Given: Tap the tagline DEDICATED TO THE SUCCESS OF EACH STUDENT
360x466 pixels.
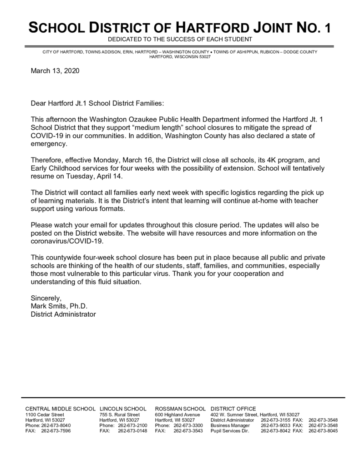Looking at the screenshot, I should pyautogui.click(x=180, y=40).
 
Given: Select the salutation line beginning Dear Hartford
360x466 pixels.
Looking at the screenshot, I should pyautogui.click(x=96, y=103).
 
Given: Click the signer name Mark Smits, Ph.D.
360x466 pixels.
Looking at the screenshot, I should pyautogui.click(x=59, y=306).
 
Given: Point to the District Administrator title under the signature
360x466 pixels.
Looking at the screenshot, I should pyautogui.click(x=63, y=314).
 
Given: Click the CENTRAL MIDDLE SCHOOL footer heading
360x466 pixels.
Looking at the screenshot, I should pyautogui.click(x=60, y=409).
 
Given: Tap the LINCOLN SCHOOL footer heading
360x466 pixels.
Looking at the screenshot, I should pyautogui.click(x=123, y=409).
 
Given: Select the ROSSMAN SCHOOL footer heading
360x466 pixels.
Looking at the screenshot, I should pyautogui.click(x=181, y=409).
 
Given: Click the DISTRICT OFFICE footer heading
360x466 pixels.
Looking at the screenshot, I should pyautogui.click(x=233, y=409).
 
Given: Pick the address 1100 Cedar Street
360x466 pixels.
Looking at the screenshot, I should pyautogui.click(x=45, y=415).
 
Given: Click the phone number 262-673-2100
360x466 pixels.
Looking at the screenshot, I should pyautogui.click(x=132, y=425).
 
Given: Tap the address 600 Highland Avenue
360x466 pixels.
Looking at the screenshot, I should pyautogui.click(x=177, y=415).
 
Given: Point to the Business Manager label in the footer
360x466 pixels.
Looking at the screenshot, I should pyautogui.click(x=230, y=425).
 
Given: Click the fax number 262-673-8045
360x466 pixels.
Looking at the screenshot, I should pyautogui.click(x=323, y=431).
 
